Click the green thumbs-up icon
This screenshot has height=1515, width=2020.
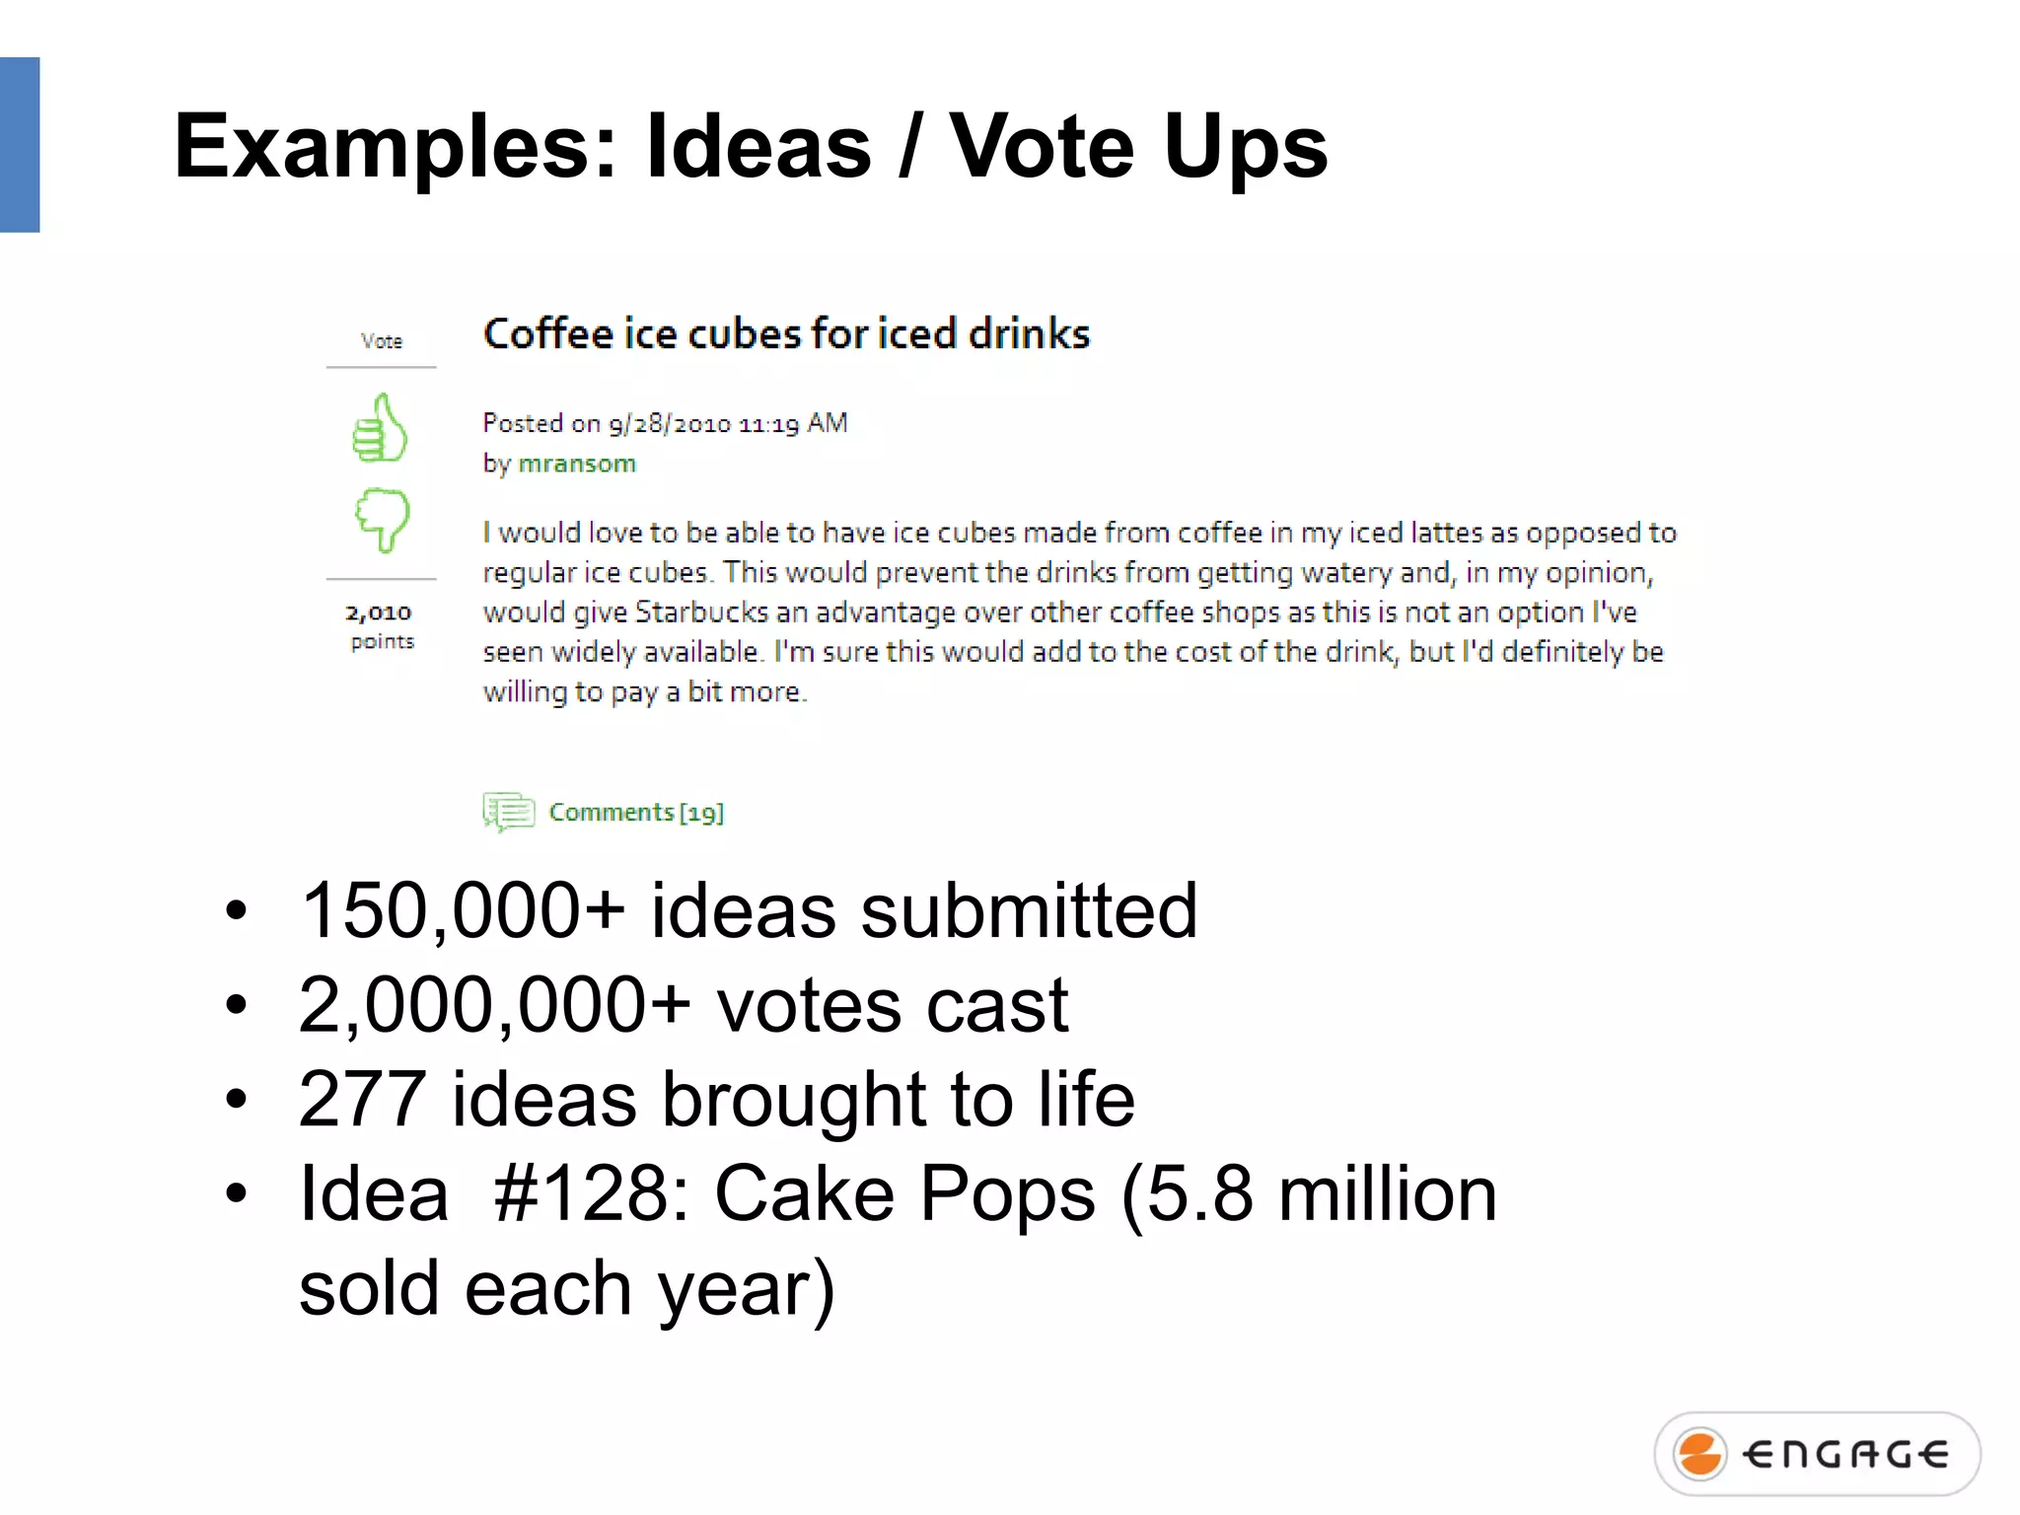[x=380, y=428]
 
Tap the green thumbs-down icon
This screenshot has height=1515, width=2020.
[x=382, y=518]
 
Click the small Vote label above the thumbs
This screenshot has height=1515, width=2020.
[x=382, y=341]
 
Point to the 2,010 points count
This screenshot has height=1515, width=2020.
[x=379, y=613]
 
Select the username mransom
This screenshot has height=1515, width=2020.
[x=577, y=464]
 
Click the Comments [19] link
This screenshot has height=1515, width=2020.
[x=636, y=812]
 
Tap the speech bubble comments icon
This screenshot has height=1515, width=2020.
[x=508, y=812]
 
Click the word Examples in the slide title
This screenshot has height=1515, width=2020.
[x=395, y=148]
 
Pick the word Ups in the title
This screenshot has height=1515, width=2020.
[x=1245, y=148]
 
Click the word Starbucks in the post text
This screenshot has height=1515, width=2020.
[x=700, y=613]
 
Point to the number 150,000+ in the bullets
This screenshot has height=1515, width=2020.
[x=463, y=910]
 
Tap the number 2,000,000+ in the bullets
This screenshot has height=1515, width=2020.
[x=494, y=1005]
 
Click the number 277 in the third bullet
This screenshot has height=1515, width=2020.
[x=362, y=1099]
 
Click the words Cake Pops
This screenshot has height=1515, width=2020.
[x=904, y=1193]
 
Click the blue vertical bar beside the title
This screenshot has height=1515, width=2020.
[x=20, y=145]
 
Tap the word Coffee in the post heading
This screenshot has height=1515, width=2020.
[x=548, y=334]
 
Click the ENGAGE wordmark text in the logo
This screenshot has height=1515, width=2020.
[x=1844, y=1454]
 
